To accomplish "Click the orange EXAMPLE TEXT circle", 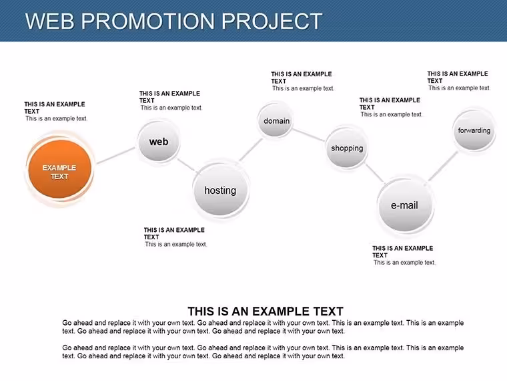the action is tap(60, 169).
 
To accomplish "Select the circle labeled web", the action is tap(159, 142).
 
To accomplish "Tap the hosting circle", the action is tap(221, 190).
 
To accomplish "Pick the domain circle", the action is tap(276, 120).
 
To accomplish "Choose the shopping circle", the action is tap(347, 148).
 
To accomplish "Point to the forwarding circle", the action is tap(474, 130).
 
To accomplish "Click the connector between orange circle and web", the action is tap(116, 155).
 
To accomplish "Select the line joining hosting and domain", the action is tap(251, 150).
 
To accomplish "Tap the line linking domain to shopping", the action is tap(308, 135).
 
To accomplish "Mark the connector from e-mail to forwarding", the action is tap(443, 166).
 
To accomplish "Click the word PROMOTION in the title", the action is tap(147, 21).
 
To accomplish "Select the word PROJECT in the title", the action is tap(272, 21).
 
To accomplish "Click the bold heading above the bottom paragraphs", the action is tap(266, 311).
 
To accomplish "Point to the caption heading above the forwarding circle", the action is tap(458, 77).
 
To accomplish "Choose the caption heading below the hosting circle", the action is tap(174, 233).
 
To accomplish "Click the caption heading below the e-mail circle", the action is tap(402, 251).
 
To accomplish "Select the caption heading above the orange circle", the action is tap(55, 108).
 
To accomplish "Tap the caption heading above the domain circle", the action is tap(302, 78).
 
